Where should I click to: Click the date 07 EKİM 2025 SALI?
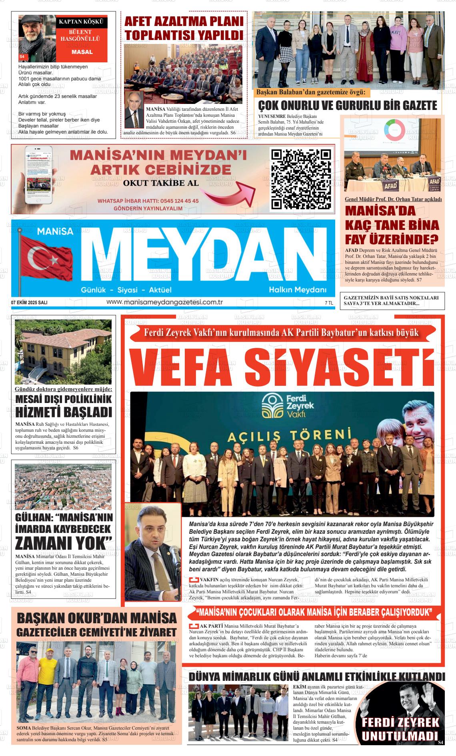click(x=29, y=303)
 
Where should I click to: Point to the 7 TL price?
click(x=329, y=303)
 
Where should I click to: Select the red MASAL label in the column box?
click(x=82, y=52)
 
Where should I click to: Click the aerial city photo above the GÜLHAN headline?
click(x=63, y=486)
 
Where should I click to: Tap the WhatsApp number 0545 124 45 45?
click(x=172, y=201)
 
